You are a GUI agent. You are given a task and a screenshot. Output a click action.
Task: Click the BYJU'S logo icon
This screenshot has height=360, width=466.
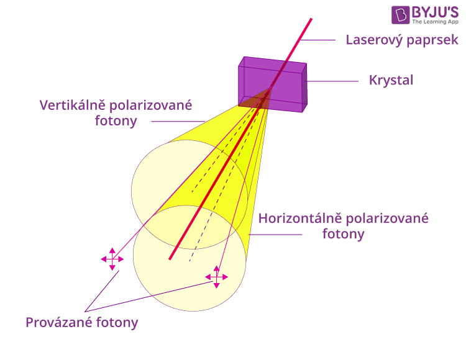[x=400, y=15]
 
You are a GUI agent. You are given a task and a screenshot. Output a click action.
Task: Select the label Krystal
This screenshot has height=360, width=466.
[x=391, y=81]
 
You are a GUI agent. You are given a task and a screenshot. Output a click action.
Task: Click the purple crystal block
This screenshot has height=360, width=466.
[x=273, y=84]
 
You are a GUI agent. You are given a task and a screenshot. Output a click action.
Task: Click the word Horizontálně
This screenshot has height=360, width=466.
[x=299, y=218]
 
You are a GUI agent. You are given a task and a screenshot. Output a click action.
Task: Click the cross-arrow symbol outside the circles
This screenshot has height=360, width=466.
[x=112, y=259]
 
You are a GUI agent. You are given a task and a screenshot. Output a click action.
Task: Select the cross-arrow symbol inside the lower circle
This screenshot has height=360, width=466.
[x=217, y=277]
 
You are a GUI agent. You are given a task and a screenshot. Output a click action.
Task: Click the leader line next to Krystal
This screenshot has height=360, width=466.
[x=333, y=81]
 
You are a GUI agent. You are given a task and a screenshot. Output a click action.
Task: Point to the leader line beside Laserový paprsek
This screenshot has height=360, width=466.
[x=318, y=40]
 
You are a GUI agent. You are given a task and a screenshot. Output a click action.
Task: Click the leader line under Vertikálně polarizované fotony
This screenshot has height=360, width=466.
[x=178, y=122]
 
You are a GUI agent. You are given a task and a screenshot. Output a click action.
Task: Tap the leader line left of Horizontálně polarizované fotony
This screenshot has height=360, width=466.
[x=275, y=235]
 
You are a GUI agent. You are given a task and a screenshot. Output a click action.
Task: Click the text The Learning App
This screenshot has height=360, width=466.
[x=435, y=22]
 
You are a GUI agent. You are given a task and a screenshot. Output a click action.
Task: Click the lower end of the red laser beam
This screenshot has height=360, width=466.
[x=170, y=259]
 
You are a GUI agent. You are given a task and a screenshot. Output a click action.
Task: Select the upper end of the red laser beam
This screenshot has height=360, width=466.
[x=311, y=19]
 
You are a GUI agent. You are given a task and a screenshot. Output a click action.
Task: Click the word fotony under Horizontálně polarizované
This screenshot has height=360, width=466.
[x=343, y=234]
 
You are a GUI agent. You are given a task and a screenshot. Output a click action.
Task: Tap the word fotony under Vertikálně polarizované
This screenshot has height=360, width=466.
[x=116, y=121]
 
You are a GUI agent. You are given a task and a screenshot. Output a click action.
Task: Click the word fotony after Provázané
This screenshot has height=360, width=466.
[x=117, y=323]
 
